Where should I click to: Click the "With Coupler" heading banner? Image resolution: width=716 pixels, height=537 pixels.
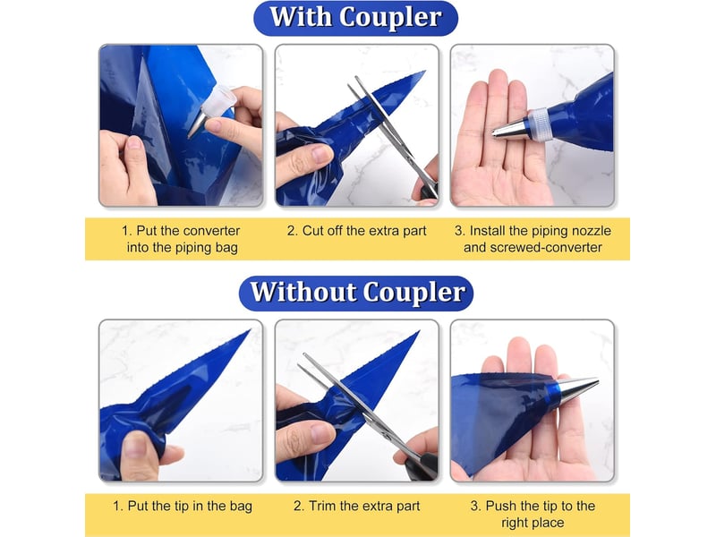pos(355,18)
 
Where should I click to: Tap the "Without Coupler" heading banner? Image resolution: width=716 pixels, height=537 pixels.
pos(356,294)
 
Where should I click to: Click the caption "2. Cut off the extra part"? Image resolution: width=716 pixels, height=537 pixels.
pos(356,231)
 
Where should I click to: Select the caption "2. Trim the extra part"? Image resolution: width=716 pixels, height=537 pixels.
pos(356,506)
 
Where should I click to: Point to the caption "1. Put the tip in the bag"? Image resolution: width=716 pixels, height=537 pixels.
pos(183,506)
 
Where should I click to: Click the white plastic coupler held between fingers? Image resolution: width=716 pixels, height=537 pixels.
pos(219,101)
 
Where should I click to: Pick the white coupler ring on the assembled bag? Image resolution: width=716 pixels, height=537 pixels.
pos(539,125)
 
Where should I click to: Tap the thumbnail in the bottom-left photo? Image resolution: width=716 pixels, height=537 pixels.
pos(136,445)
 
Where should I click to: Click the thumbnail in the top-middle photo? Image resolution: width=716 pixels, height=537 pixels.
pos(321,154)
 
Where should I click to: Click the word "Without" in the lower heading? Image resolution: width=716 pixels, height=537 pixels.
pos(303,292)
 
